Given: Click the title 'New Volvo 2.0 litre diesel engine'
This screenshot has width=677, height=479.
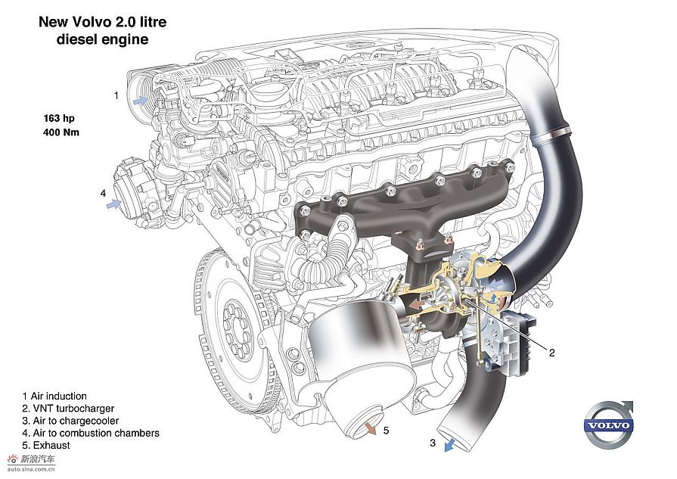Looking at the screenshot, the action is click(103, 31).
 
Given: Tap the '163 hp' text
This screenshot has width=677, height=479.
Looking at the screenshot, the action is click(59, 118).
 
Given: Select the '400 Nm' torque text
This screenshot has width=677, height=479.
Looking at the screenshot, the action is click(61, 132).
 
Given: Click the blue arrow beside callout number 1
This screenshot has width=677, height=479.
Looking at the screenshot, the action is click(141, 101).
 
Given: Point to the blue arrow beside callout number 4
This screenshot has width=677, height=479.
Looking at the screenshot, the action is click(114, 204).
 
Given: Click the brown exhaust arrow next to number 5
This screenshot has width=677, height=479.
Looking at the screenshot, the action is click(370, 428).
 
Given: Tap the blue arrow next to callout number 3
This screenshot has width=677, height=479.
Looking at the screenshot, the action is click(450, 444).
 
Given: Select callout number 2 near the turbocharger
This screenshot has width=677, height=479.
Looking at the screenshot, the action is click(551, 353).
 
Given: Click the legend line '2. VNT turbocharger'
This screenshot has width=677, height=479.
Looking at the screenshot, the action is click(68, 408).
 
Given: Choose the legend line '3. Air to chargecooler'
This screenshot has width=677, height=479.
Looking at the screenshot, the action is click(70, 421).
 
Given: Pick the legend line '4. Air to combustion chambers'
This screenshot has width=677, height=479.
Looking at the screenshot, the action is click(91, 433).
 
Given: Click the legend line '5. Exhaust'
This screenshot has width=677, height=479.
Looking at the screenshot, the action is click(46, 445).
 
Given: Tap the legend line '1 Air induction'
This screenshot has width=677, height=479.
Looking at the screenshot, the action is click(54, 396).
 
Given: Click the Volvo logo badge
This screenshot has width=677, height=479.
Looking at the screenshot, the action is click(608, 425).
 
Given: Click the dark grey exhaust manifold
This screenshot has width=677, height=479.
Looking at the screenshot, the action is click(406, 203).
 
